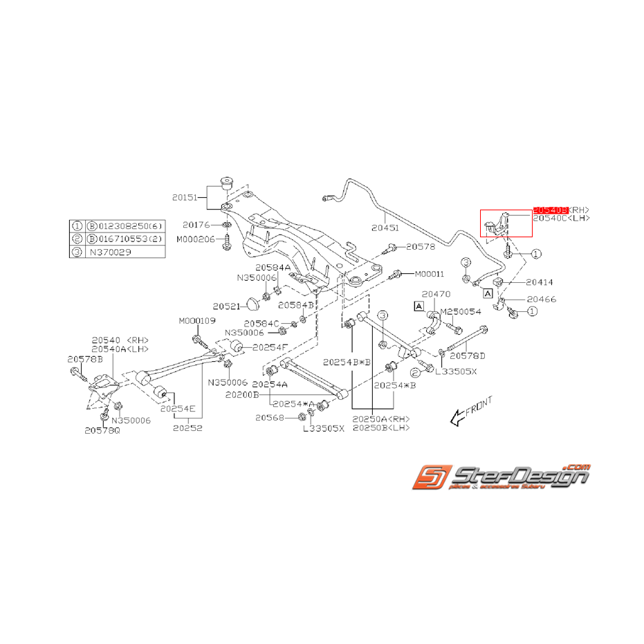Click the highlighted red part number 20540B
550,210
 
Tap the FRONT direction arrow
470,411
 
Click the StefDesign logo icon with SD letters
430,477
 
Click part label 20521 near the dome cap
226,306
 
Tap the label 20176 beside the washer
196,225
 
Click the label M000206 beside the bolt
195,239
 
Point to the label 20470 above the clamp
436,294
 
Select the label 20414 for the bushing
540,282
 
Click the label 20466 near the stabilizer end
541,300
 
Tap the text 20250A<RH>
380,418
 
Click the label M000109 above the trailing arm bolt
197,321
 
